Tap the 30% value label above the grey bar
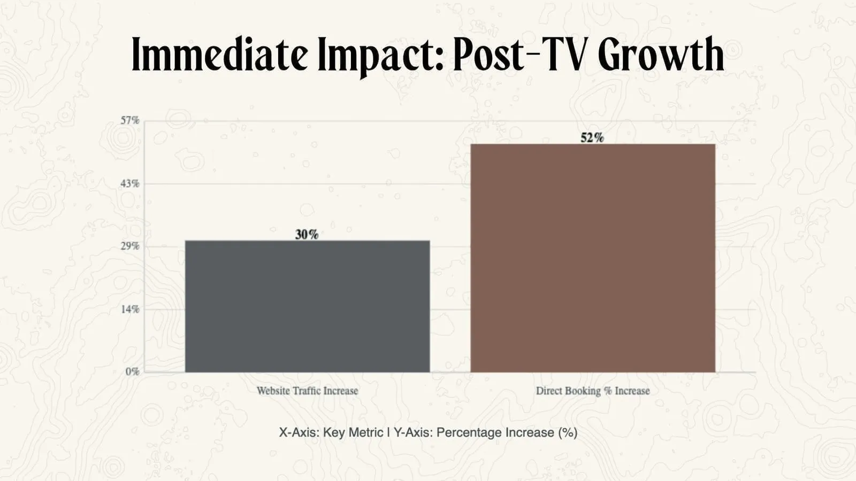[x=307, y=235]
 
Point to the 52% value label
[x=592, y=138]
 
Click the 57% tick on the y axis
[x=129, y=120]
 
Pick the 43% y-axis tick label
[x=129, y=184]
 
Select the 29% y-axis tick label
[x=129, y=246]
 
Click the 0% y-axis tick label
[x=132, y=372]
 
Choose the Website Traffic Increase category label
[x=307, y=391]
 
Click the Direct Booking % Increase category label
[x=593, y=391]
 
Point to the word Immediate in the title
[x=220, y=56]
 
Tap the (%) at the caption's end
[x=568, y=432]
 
